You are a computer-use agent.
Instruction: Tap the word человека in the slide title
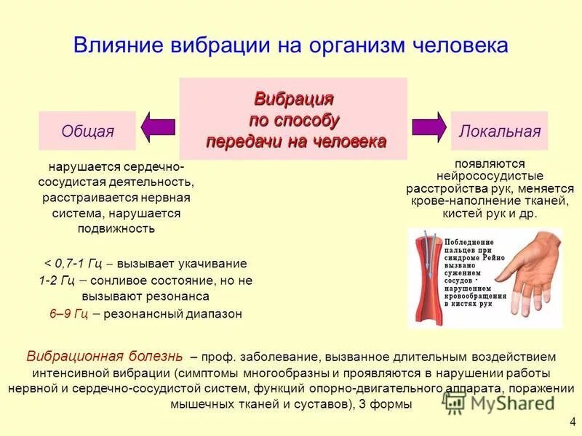[x=447, y=45]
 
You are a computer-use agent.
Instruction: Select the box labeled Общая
[x=87, y=132]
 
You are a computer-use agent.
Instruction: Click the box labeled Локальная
[x=499, y=132]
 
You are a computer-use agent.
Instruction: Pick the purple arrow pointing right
[x=429, y=126]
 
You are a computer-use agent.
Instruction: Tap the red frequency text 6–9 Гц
[x=69, y=315]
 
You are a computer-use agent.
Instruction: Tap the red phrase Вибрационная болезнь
[x=105, y=357]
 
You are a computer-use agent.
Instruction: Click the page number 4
[x=572, y=420]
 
